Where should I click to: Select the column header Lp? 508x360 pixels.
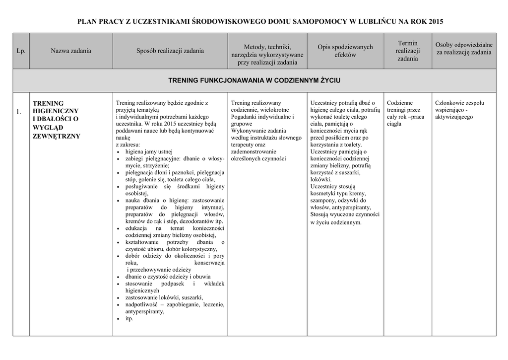coord(21,51)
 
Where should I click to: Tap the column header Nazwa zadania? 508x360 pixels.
coord(71,51)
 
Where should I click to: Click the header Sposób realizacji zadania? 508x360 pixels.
coord(170,51)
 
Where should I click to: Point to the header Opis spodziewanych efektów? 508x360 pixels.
coord(345,51)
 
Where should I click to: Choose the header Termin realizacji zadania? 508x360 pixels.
coord(407,51)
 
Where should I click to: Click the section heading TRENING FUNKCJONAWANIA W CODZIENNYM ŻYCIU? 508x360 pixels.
coord(254,80)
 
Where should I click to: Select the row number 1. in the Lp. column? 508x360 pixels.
coord(18,111)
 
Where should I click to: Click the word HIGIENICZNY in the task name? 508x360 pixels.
coord(56,111)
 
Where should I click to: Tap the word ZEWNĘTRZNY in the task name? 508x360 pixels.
coord(56,136)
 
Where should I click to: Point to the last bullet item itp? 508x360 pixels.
coord(129,318)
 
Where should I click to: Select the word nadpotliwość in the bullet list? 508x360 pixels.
coord(141,304)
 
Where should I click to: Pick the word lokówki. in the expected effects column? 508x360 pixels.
coord(321,179)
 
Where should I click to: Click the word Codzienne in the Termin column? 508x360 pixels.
coord(400,103)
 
